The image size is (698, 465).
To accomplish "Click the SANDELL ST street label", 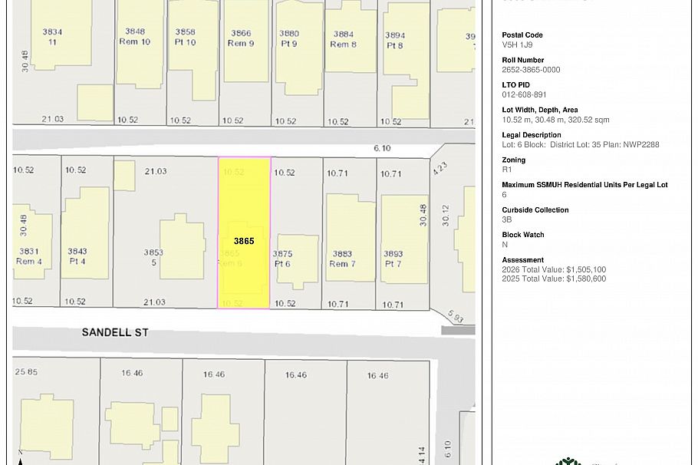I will click(115, 332).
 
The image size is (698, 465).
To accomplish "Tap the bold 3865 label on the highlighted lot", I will click(244, 241).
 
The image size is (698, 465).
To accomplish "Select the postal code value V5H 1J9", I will click(517, 45).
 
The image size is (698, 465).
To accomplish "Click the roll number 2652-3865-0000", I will click(531, 70).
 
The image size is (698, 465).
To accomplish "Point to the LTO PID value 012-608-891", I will click(524, 95).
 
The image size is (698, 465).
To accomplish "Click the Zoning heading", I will click(513, 160).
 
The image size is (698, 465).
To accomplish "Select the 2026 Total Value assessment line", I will click(554, 270).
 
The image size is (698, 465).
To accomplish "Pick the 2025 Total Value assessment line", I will click(554, 279).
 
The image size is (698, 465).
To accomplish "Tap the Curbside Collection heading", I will click(535, 210).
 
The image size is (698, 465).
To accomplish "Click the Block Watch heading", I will click(523, 235).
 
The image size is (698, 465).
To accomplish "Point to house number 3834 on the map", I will click(52, 32).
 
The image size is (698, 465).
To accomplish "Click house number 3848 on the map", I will click(135, 32).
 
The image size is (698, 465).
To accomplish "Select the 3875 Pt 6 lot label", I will click(282, 259).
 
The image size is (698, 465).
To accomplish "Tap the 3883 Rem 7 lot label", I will click(342, 259).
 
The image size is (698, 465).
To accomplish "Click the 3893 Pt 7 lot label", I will click(393, 259).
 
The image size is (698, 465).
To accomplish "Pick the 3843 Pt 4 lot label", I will click(77, 256).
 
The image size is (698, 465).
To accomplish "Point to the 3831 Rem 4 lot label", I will click(29, 256).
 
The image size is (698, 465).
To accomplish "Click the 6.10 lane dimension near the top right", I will click(382, 148).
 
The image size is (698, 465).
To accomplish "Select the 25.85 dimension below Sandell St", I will click(25, 372).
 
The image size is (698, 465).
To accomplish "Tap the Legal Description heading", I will click(532, 135).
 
